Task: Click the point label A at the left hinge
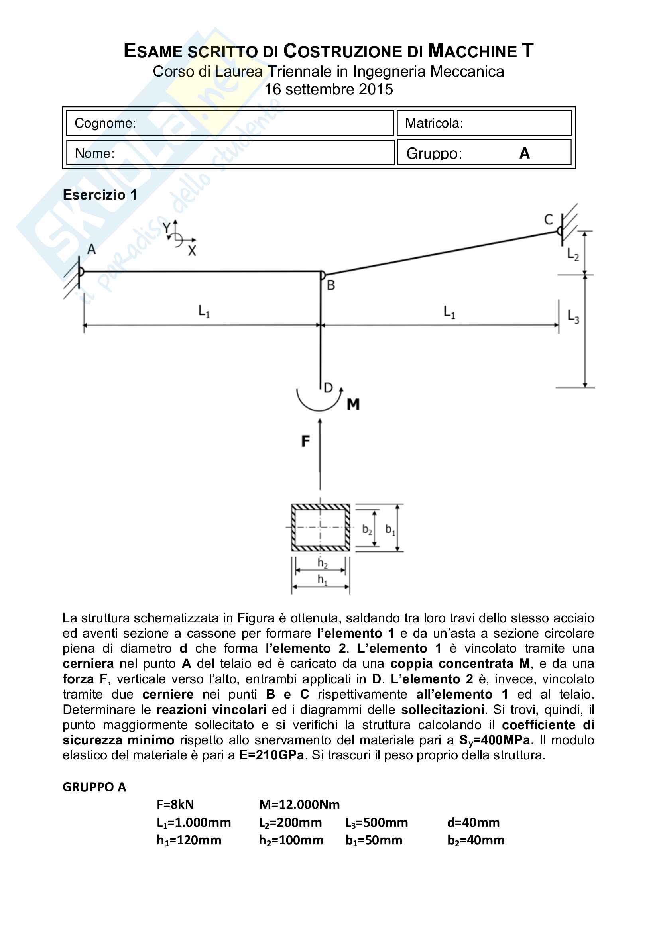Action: coord(91,249)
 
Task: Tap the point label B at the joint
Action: coord(331,285)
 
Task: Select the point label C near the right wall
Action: coord(549,220)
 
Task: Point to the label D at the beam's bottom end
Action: coord(328,388)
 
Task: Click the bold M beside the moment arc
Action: coord(353,404)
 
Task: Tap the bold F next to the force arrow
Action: coord(306,441)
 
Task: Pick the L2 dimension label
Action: coord(573,255)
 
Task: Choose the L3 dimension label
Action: coord(573,316)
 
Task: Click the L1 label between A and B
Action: coord(204,311)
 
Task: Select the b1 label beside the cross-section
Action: coord(390,529)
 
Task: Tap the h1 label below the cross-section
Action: coord(322,579)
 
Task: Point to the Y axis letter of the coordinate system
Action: coord(167,228)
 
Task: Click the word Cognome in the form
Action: coord(105,123)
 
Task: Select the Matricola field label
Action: coord(434,123)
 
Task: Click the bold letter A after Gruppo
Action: coord(524,153)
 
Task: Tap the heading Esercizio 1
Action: coord(100,195)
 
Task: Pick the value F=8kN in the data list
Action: coord(175,804)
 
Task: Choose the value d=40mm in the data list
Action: coord(474,822)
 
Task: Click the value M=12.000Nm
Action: coord(299,804)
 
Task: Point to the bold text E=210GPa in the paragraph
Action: coord(271,755)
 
